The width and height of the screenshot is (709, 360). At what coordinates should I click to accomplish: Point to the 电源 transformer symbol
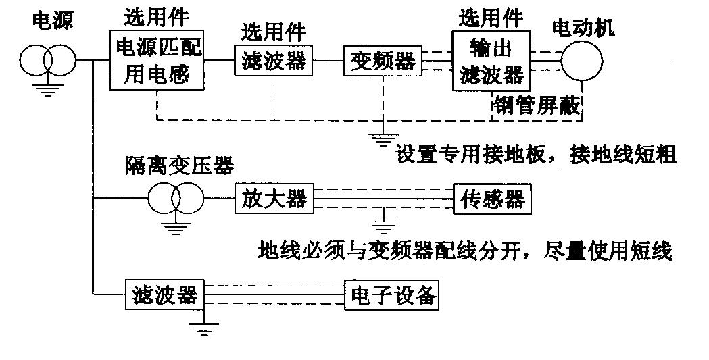(47, 60)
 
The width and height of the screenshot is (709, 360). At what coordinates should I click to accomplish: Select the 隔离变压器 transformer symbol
(176, 198)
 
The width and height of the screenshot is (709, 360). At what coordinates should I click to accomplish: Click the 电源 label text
(53, 20)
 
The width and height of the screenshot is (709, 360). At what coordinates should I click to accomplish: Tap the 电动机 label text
(584, 28)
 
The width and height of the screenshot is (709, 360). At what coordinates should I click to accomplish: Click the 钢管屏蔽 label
(536, 105)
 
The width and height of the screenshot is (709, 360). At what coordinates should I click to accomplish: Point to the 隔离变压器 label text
(180, 165)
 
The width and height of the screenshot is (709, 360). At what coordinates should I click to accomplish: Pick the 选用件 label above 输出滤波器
(491, 19)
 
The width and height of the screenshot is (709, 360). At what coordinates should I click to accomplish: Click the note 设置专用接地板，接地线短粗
(536, 155)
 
